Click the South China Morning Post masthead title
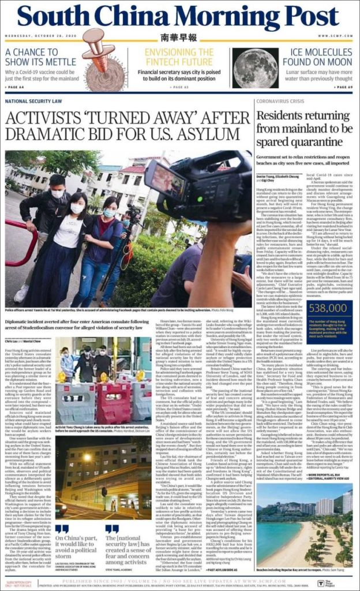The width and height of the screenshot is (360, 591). (179, 18)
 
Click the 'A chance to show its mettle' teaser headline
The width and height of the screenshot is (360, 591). (35, 57)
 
